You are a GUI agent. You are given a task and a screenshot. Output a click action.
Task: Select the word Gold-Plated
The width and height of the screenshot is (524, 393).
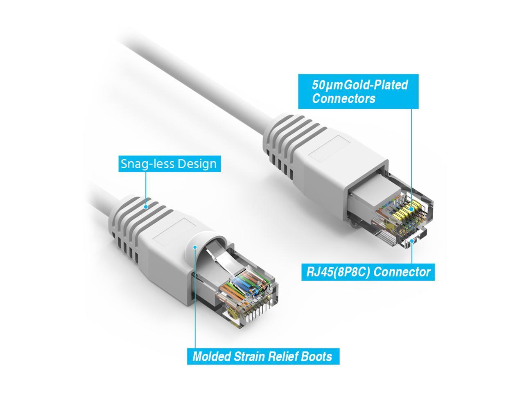coord(376,85)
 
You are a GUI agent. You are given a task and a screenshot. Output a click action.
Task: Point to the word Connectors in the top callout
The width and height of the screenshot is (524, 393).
coord(343,99)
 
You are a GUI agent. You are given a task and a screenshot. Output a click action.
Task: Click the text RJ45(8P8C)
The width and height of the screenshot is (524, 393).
coord(339,272)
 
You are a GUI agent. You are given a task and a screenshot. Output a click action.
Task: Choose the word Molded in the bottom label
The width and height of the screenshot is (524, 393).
coord(211,356)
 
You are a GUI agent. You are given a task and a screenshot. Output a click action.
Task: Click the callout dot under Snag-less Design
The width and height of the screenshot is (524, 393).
coord(146,207)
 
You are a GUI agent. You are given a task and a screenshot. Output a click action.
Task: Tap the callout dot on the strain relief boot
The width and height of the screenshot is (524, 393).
coord(195,247)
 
